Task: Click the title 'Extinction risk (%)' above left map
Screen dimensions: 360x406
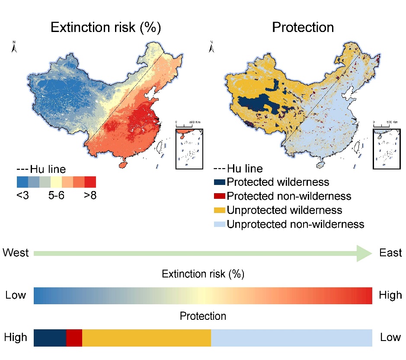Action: tap(106, 28)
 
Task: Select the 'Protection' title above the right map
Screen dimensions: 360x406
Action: tap(303, 28)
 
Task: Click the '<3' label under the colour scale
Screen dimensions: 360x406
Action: tap(22, 195)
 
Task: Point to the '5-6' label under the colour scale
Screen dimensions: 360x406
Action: tap(56, 195)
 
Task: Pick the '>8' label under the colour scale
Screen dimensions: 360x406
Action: tap(90, 195)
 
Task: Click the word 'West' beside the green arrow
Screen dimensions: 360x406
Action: tap(16, 253)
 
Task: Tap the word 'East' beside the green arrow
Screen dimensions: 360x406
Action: tap(390, 253)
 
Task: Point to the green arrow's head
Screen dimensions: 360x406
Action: tap(364, 253)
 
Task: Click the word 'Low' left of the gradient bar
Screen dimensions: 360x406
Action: tap(16, 296)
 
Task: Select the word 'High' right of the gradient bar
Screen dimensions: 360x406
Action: tap(390, 296)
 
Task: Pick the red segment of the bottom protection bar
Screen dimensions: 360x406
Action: tap(74, 338)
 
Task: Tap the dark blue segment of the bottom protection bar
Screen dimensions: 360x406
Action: tap(50, 338)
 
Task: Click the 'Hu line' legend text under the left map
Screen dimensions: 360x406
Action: tap(47, 169)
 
